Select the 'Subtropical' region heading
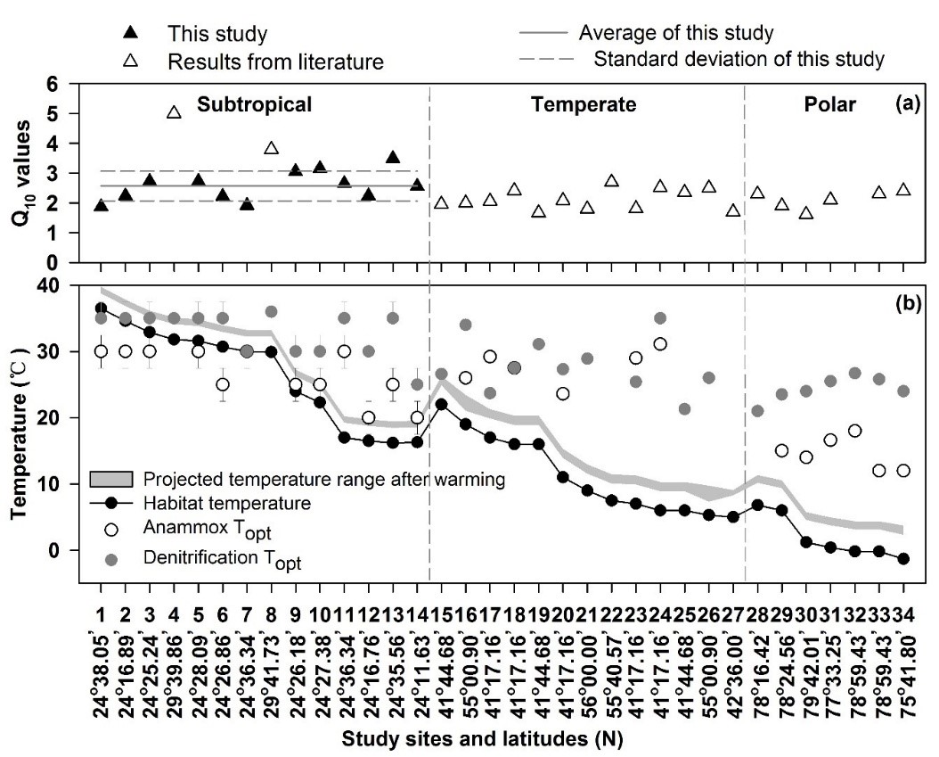tap(254, 104)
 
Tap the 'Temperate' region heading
tap(584, 104)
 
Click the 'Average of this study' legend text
tap(675, 34)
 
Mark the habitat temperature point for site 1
tap(101, 309)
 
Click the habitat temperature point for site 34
tap(903, 559)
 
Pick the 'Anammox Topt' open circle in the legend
tap(110, 530)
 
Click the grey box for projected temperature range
tap(110, 479)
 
